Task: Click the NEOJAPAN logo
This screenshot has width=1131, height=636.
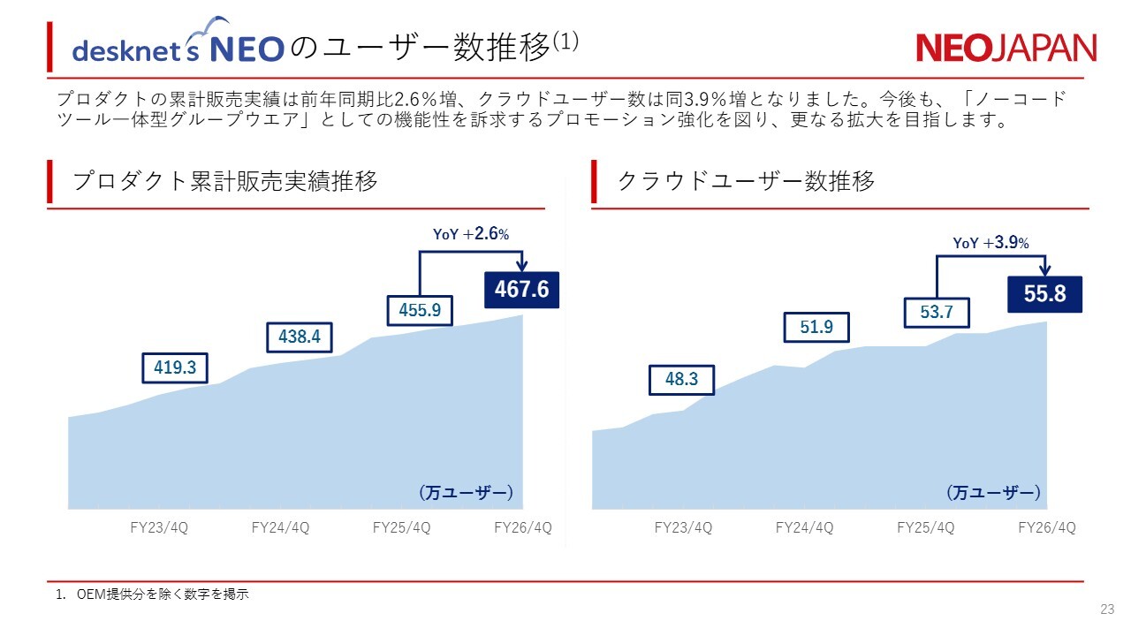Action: tap(1006, 48)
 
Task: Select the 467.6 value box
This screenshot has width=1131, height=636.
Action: tap(521, 290)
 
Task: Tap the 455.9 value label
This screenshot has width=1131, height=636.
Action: tap(420, 311)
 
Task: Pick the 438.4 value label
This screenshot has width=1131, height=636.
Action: tap(299, 337)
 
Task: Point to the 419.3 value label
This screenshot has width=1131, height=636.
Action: tap(175, 367)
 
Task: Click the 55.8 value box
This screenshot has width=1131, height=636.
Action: tap(1044, 294)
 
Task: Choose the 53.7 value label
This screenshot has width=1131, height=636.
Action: tap(937, 313)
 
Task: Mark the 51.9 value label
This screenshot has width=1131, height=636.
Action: tap(816, 327)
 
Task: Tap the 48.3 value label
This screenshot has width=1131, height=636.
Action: tap(681, 380)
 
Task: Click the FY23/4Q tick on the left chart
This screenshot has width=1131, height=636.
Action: tap(159, 528)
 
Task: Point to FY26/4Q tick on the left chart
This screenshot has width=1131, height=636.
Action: tap(522, 528)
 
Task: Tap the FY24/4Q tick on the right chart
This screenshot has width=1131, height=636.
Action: tap(804, 528)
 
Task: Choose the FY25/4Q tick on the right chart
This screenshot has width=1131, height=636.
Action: tap(925, 528)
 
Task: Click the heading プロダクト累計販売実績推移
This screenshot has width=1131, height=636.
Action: tap(224, 182)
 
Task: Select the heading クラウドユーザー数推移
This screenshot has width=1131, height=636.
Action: tap(746, 182)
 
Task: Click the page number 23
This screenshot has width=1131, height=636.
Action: tap(1107, 609)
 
